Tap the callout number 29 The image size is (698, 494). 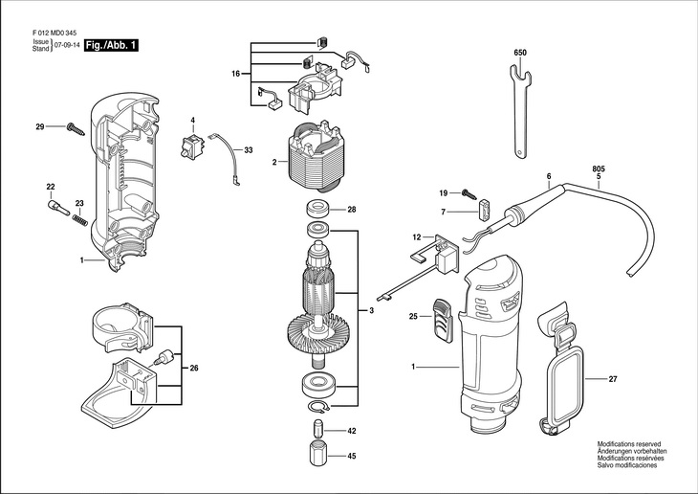[40, 127]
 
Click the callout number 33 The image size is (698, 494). [249, 150]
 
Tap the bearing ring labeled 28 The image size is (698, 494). [317, 209]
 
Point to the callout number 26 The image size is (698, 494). [194, 369]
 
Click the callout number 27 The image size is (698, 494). [613, 379]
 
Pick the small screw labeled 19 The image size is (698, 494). [471, 193]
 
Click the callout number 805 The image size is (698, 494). [598, 168]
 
